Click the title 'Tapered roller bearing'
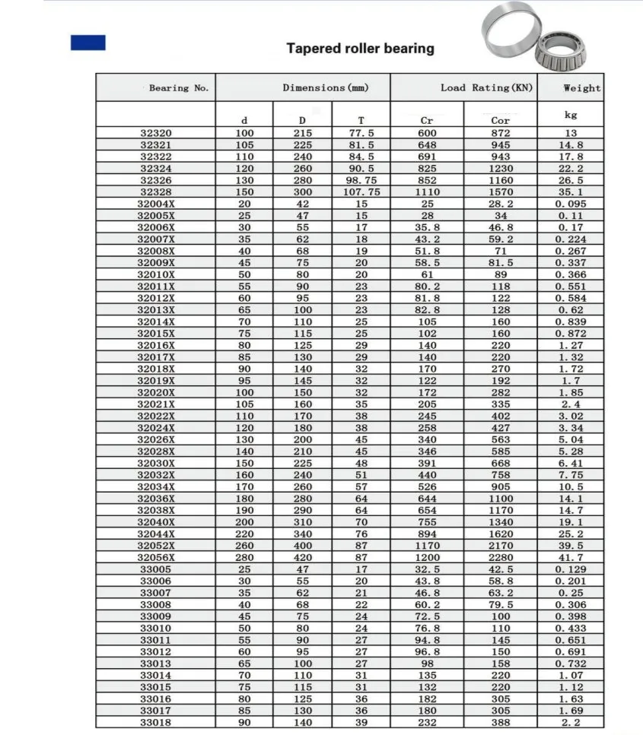pyautogui.click(x=360, y=49)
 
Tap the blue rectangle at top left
pyautogui.click(x=88, y=43)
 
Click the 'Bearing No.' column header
pyautogui.click(x=179, y=88)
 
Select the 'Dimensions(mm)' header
pyautogui.click(x=325, y=88)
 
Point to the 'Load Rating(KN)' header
pyautogui.click(x=487, y=88)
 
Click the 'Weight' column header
pyautogui.click(x=581, y=88)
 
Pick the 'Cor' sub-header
pyautogui.click(x=500, y=121)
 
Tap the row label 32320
pyautogui.click(x=156, y=133)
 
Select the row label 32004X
pyautogui.click(x=156, y=204)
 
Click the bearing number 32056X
pyautogui.click(x=156, y=557)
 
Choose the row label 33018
pyautogui.click(x=156, y=722)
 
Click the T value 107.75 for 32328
pyautogui.click(x=361, y=192)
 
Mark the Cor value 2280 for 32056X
pyautogui.click(x=500, y=557)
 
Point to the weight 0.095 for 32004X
pyautogui.click(x=570, y=204)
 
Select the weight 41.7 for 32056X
pyautogui.click(x=570, y=557)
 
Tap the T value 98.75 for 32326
pyautogui.click(x=361, y=180)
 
